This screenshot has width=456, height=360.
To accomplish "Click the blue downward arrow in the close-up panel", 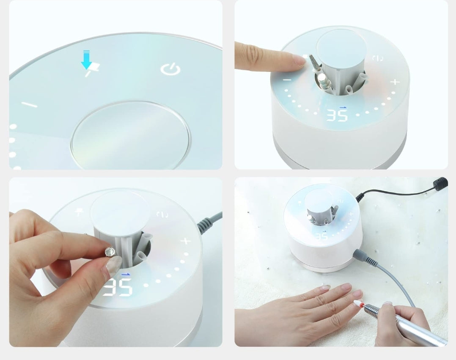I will [x=87, y=60].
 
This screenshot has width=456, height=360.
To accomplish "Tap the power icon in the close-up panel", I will [x=170, y=69].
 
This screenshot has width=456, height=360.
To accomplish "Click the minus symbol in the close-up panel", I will [x=29, y=104].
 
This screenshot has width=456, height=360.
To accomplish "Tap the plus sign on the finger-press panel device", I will [x=395, y=82].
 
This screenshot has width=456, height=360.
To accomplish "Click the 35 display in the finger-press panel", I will [x=337, y=115].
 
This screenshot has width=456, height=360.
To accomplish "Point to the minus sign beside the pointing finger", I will [x=287, y=79].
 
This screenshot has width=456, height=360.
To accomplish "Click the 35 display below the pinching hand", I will [x=117, y=288].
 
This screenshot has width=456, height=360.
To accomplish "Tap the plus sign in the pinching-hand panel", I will [x=185, y=242].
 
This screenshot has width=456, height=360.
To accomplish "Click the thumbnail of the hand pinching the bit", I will [x=113, y=266].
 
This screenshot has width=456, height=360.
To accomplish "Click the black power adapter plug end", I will [x=441, y=183].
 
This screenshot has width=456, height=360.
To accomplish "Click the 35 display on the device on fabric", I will [x=321, y=236].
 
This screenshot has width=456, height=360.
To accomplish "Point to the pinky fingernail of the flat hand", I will [x=325, y=288].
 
